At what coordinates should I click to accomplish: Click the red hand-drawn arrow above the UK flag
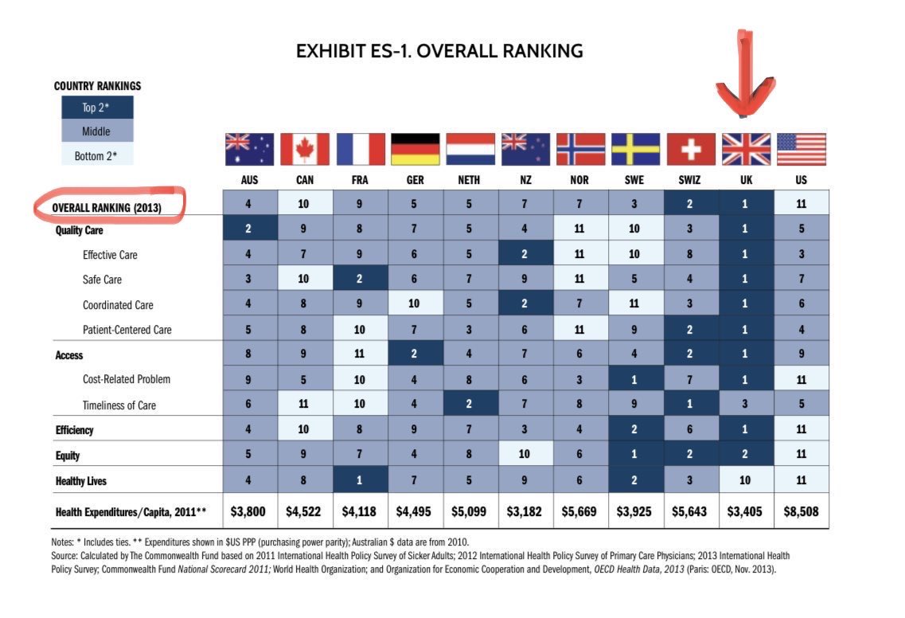[x=746, y=76]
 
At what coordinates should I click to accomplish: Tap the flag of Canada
[x=305, y=149]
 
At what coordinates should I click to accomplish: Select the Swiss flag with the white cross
[x=690, y=149]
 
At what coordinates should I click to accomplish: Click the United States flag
[x=801, y=149]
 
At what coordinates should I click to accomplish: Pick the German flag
[x=415, y=149]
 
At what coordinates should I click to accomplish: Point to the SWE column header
[x=634, y=180]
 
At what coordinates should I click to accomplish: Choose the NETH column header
[x=469, y=180]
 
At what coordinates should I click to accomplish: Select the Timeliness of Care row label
[x=119, y=405]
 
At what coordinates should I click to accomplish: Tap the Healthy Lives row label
[x=80, y=481]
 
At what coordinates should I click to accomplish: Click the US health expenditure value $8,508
[x=801, y=511]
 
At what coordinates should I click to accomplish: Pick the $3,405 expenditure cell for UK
[x=746, y=511]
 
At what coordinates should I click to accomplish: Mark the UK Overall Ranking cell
[x=746, y=204]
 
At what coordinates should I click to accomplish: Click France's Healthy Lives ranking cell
[x=360, y=480]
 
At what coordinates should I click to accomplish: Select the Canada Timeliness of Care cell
[x=305, y=404]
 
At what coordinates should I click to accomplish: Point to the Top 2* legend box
[x=98, y=108]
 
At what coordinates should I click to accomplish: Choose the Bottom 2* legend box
[x=98, y=155]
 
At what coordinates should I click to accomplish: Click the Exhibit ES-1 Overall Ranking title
[x=439, y=52]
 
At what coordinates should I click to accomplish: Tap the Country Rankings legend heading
[x=97, y=86]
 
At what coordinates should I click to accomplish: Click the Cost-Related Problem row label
[x=127, y=379]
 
